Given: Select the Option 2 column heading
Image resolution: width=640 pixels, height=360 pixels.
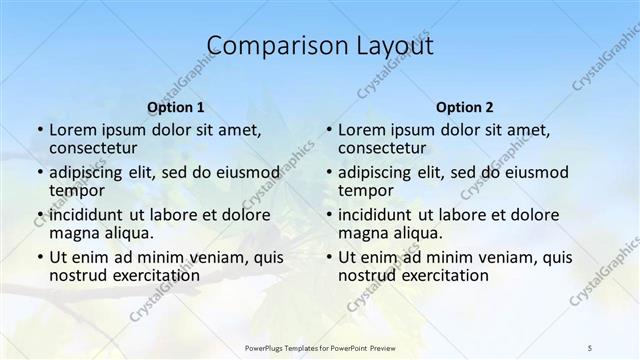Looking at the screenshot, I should point(465,107).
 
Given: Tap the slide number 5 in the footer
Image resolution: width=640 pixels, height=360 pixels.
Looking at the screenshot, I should point(590,347).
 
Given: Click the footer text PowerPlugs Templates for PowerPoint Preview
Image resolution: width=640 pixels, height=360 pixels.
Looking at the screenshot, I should point(320,347).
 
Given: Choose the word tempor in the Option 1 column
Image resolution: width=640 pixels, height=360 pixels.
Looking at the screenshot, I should point(76,190).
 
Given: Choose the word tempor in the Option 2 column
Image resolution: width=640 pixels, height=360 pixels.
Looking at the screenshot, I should point(365,190).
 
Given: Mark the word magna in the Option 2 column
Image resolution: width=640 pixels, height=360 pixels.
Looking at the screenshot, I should point(362,232).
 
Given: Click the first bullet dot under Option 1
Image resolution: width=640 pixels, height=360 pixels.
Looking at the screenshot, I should point(38,131).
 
